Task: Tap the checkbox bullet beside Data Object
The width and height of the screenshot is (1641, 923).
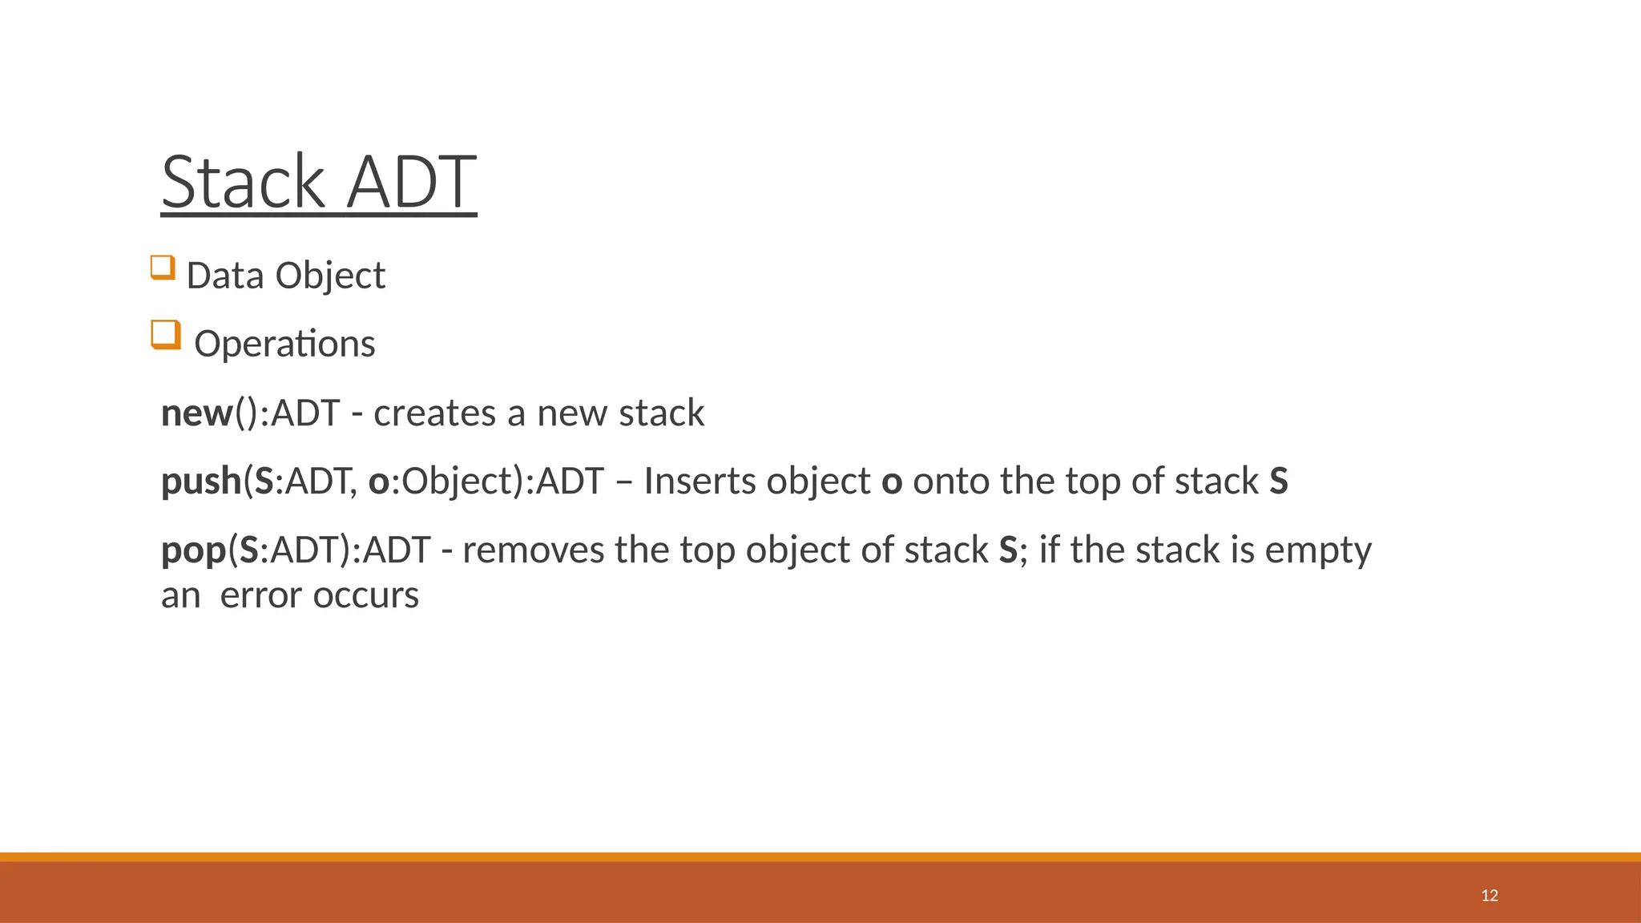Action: pyautogui.click(x=163, y=267)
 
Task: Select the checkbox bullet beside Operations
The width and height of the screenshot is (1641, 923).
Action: pyautogui.click(x=165, y=334)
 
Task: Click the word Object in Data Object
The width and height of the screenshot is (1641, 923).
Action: pyautogui.click(x=330, y=276)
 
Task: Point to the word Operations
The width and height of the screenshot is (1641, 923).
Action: pyautogui.click(x=284, y=345)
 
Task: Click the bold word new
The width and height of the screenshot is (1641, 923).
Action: pyautogui.click(x=196, y=413)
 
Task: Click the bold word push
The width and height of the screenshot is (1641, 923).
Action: pyautogui.click(x=201, y=482)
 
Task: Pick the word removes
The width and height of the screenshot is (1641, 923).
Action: pyautogui.click(x=533, y=550)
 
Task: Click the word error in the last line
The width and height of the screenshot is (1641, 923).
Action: pyautogui.click(x=261, y=595)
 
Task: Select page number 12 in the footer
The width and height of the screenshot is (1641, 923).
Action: pyautogui.click(x=1490, y=895)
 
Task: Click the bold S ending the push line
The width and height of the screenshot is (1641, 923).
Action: pyautogui.click(x=1279, y=482)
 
